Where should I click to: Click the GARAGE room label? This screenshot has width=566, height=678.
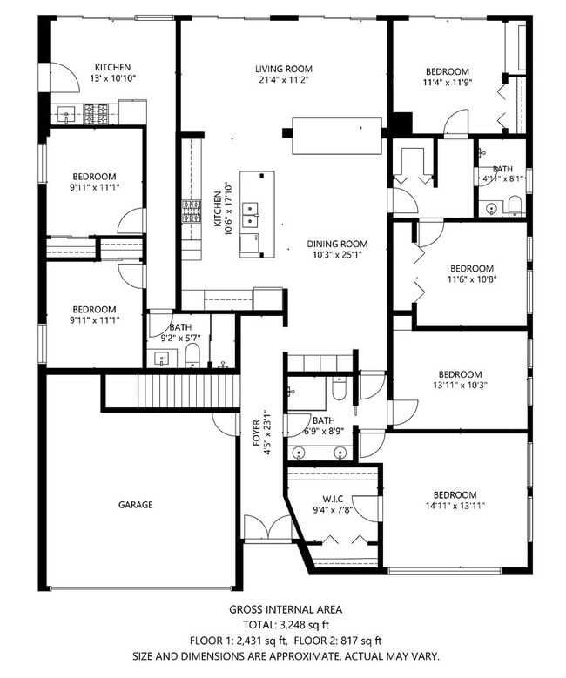click(136, 504)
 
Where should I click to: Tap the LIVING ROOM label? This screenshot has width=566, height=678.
click(284, 69)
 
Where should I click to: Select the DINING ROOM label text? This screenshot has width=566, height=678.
click(337, 244)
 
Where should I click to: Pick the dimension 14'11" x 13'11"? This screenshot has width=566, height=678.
click(455, 505)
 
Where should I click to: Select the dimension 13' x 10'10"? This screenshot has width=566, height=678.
click(113, 78)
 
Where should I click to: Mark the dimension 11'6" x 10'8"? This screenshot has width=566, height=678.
click(471, 279)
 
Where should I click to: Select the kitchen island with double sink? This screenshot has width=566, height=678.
click(257, 214)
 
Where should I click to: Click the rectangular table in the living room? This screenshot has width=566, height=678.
click(336, 137)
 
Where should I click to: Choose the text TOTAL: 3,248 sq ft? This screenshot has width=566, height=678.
click(285, 624)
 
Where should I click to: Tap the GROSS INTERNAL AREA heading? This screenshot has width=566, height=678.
click(285, 609)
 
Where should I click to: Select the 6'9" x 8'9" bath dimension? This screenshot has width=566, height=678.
click(324, 431)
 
